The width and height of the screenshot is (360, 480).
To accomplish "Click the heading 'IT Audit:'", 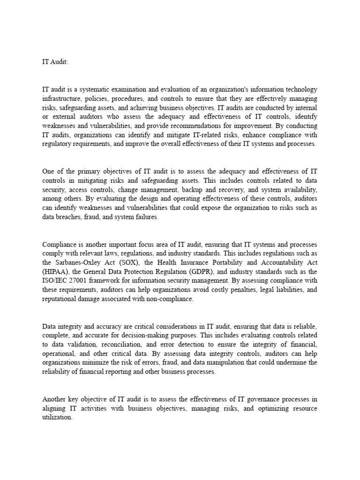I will coord(55,61).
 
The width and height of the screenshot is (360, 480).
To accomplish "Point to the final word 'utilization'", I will coord(57,417).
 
